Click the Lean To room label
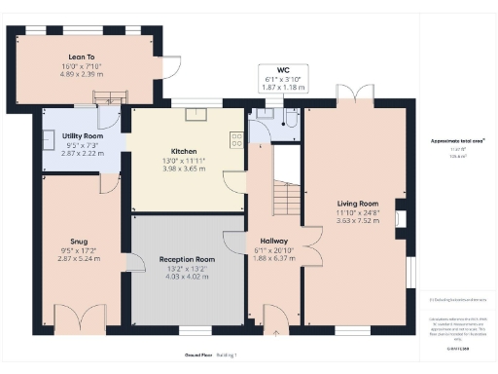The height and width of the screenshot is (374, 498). (82, 56)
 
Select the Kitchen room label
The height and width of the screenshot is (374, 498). (185, 152)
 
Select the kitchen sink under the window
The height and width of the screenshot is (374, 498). (192, 113)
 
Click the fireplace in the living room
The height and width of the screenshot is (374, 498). (402, 217)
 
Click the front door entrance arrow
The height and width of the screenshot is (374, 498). (274, 331)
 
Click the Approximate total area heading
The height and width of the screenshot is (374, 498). (457, 142)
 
